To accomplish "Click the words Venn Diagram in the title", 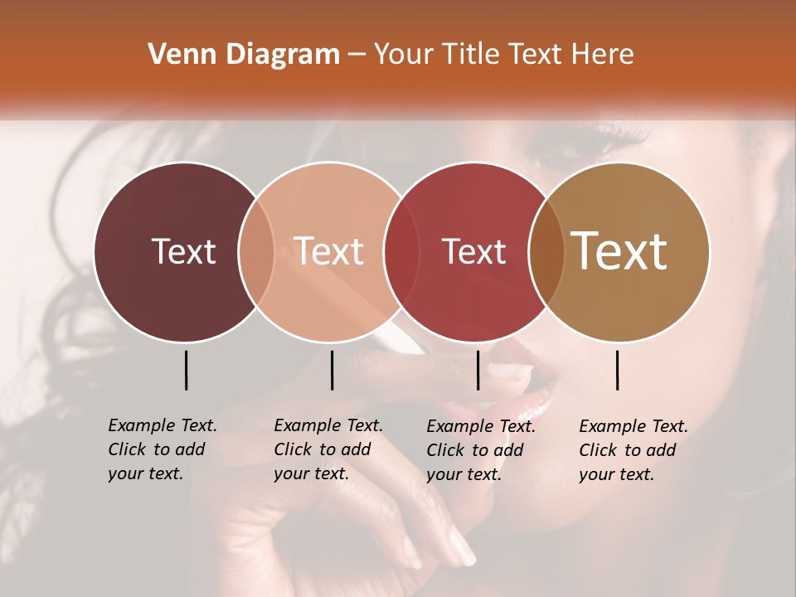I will [x=244, y=55].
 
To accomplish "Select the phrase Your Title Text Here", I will [x=504, y=55].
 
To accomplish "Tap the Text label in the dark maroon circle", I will [x=183, y=251].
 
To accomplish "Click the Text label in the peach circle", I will [x=329, y=251].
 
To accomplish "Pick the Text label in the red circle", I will [x=474, y=251].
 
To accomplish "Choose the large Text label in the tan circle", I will [x=619, y=250].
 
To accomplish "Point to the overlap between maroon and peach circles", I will [x=256, y=252].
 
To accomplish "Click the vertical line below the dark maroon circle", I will [x=186, y=370].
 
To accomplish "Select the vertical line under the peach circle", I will [x=332, y=370].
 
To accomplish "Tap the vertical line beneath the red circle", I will [x=478, y=370].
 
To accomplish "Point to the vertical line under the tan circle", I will [x=617, y=370].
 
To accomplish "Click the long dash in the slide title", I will [x=357, y=56].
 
